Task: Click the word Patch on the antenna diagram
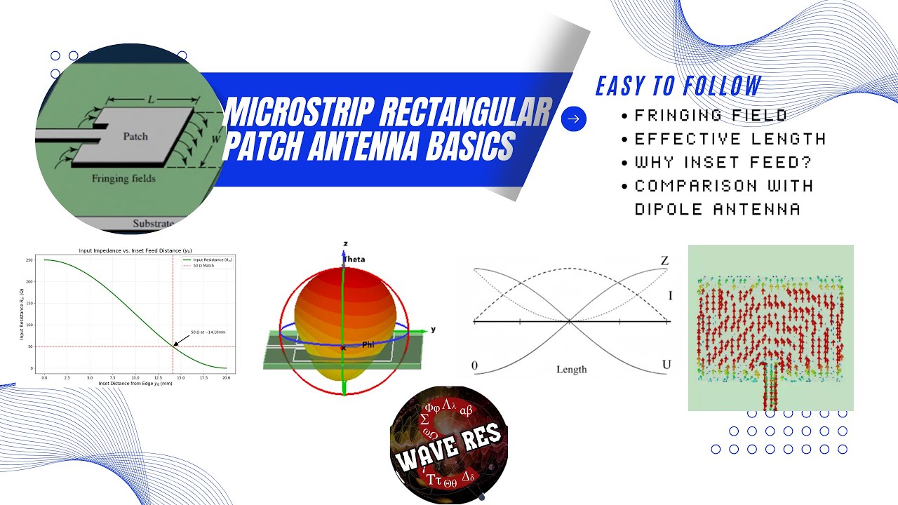pos(135,135)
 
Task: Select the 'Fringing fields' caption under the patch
pos(123,179)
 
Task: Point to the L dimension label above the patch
pos(151,100)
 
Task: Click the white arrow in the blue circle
pos(574,119)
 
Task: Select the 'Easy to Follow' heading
pos(678,86)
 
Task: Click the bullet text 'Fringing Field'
pos(711,116)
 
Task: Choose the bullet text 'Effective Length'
pos(730,139)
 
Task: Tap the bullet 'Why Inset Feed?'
pos(723,163)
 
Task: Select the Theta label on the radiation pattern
pos(354,260)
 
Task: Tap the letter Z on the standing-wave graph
pos(664,261)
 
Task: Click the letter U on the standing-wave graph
pos(666,365)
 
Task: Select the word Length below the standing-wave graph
pos(571,370)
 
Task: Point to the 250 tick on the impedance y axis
pos(29,260)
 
